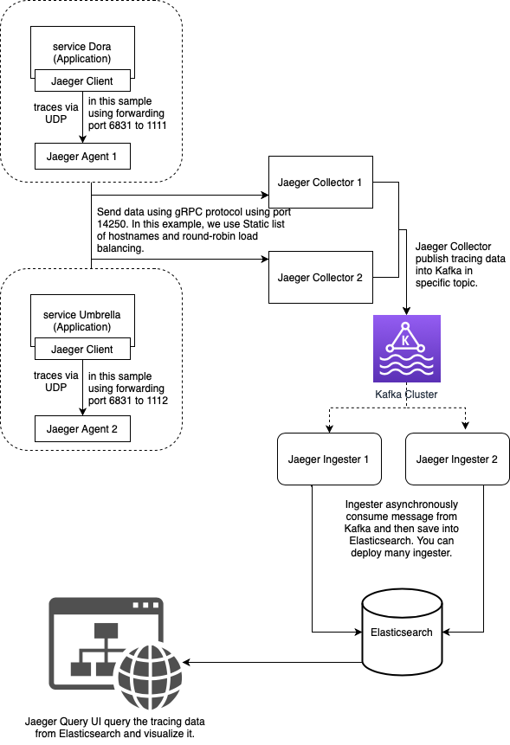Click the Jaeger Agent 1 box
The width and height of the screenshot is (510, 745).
(x=82, y=157)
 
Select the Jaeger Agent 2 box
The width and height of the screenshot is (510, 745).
(x=82, y=428)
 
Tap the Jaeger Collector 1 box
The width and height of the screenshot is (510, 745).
(x=320, y=183)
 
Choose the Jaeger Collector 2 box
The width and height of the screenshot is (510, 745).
(x=320, y=278)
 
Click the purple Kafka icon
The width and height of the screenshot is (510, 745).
(x=406, y=348)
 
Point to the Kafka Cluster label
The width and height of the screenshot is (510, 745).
(x=406, y=395)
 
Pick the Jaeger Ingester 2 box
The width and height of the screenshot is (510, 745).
(x=456, y=458)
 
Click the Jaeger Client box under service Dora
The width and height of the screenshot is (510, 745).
(x=82, y=82)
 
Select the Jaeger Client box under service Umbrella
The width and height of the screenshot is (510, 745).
(x=82, y=350)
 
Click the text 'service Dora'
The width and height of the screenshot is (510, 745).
(x=82, y=47)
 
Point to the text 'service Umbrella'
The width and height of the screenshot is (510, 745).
(x=82, y=315)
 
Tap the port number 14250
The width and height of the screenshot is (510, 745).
(x=110, y=224)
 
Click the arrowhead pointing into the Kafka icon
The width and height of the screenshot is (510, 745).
(x=406, y=311)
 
